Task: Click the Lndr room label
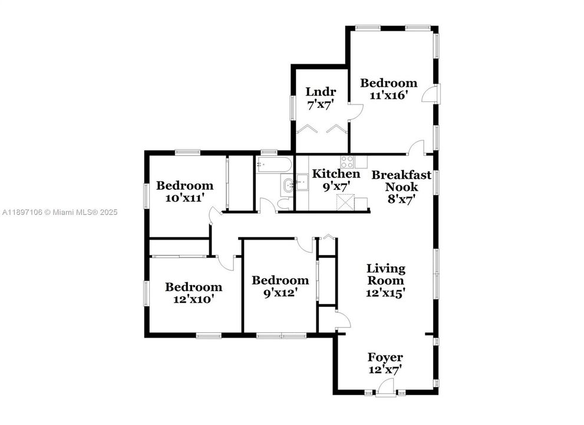click(x=321, y=91)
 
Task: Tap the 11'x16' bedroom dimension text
click(x=388, y=95)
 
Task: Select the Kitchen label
click(x=335, y=174)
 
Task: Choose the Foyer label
click(x=385, y=357)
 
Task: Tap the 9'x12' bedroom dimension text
click(x=280, y=292)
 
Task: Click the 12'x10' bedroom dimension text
click(x=193, y=299)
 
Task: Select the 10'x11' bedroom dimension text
click(x=184, y=198)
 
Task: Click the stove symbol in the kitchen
click(x=347, y=161)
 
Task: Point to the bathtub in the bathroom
click(x=273, y=164)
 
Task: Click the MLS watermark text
click(x=59, y=212)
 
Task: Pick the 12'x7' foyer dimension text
click(x=385, y=370)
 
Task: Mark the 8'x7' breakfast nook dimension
click(x=401, y=199)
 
